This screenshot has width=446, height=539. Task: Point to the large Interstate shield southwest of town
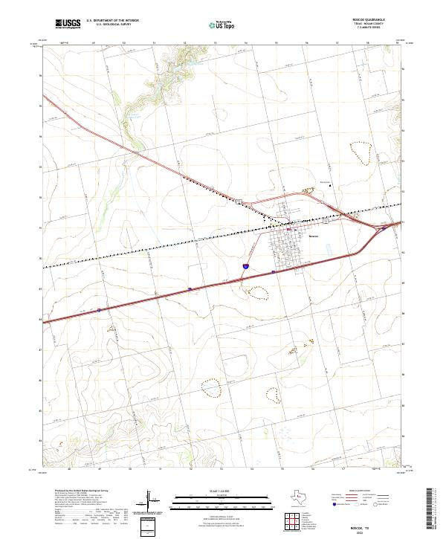click(x=245, y=265)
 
